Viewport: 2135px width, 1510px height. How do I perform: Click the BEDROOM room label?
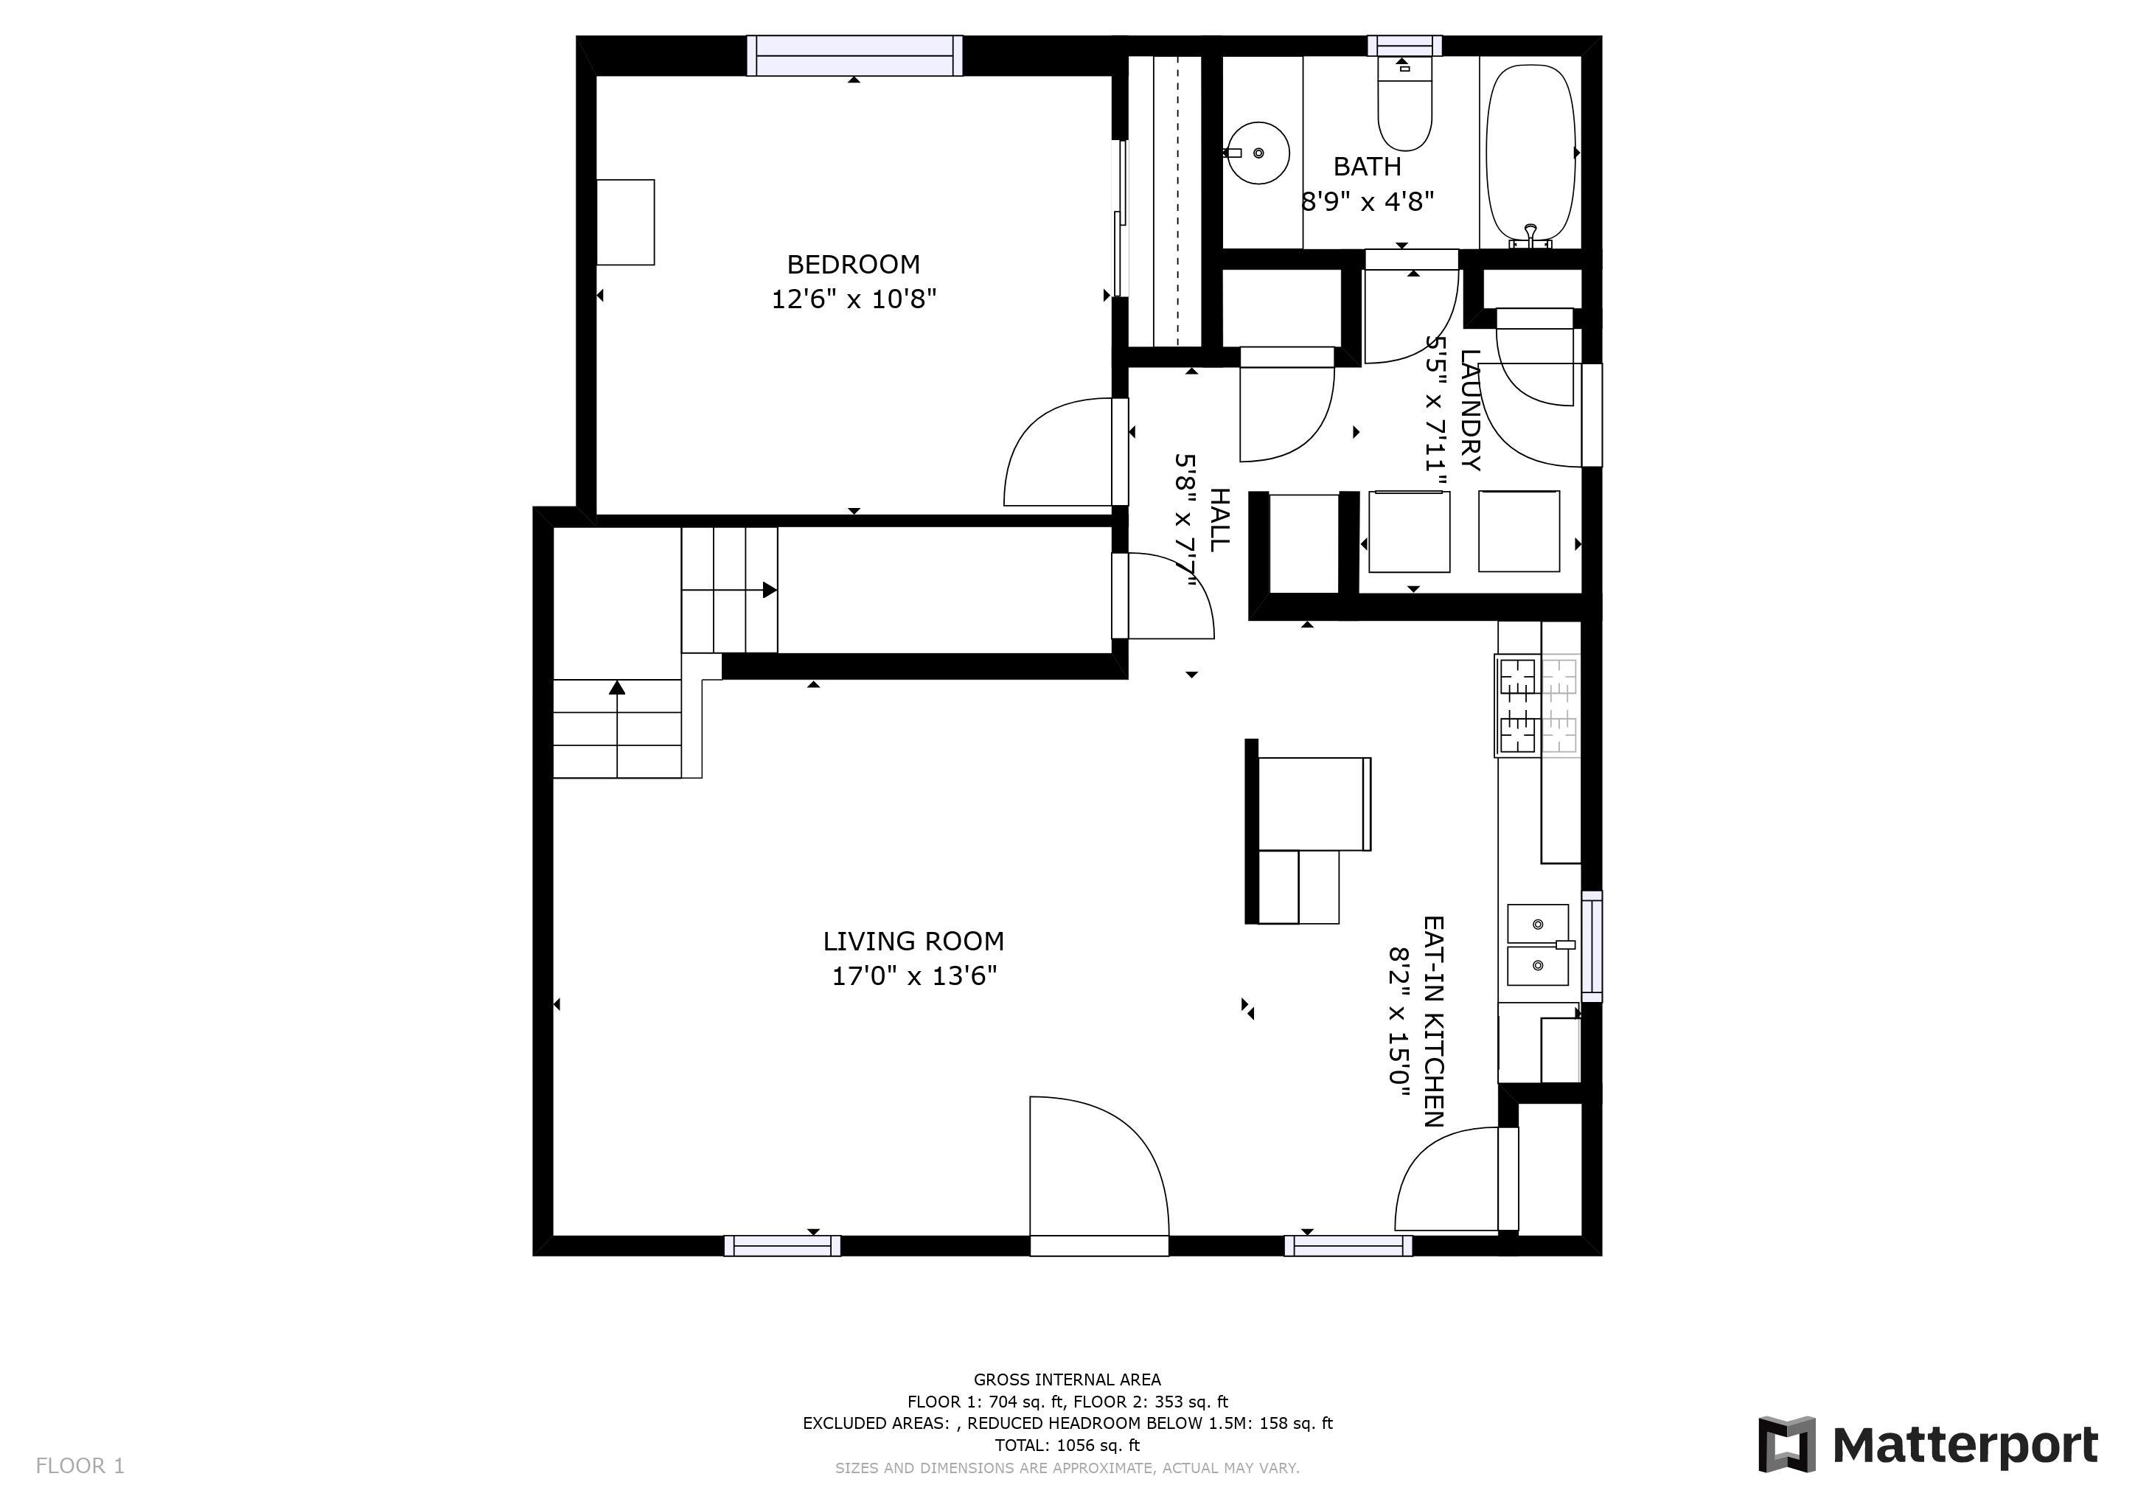[x=854, y=265]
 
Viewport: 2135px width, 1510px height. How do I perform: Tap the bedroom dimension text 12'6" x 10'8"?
[x=854, y=299]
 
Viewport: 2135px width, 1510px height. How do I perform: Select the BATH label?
[x=1367, y=167]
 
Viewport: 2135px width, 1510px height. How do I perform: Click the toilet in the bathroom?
[x=1404, y=103]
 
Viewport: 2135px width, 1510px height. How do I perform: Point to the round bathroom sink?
[x=1259, y=153]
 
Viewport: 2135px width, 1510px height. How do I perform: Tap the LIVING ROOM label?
[x=913, y=942]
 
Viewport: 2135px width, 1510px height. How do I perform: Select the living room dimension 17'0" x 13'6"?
[x=914, y=976]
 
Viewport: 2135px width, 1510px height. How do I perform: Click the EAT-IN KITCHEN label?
[x=1433, y=1021]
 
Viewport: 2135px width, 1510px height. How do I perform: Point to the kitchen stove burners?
[x=1538, y=705]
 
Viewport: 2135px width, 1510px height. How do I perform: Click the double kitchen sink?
[x=1538, y=944]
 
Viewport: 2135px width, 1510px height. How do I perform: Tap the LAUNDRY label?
[x=1470, y=410]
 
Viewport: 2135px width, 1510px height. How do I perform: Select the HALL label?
[x=1219, y=520]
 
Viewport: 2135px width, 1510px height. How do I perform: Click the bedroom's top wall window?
[x=854, y=55]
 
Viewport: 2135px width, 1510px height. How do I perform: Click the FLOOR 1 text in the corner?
[x=80, y=1466]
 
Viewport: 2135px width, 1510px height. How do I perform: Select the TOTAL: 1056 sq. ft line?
[x=1067, y=1445]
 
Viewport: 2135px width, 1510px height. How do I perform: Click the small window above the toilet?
[x=1404, y=46]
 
